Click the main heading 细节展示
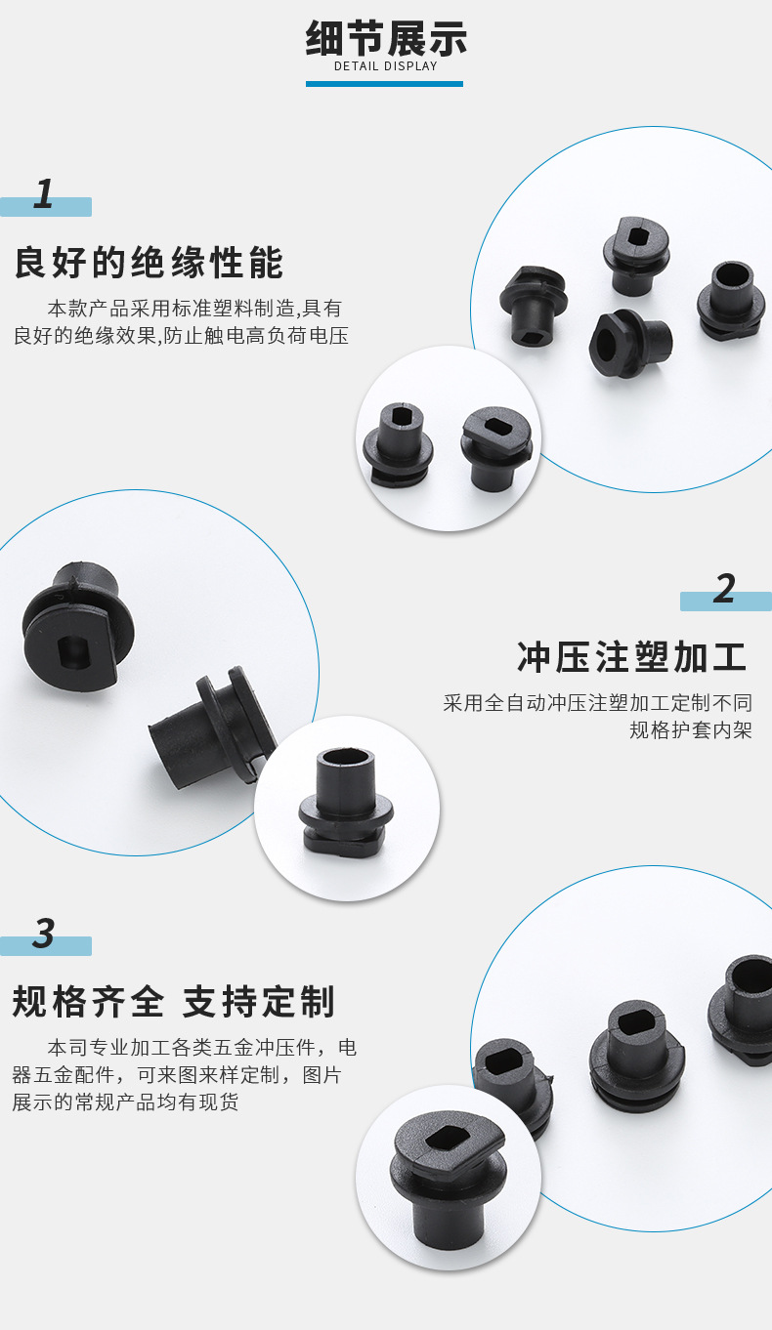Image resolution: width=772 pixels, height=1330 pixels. pos(386,39)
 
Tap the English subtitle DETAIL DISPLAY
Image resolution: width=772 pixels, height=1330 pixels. pos(386,66)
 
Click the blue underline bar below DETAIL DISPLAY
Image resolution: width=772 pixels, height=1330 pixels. pos(384,84)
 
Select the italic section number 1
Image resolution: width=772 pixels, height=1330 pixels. pos(43,193)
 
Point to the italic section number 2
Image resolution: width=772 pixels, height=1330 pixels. pos(724,589)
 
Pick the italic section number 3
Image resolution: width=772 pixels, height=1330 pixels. pos(44,933)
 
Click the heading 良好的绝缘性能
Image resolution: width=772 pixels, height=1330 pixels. pos(149,263)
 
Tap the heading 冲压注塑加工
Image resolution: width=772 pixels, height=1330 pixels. pos(631,657)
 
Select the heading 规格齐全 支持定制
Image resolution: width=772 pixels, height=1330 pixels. pos(174,1002)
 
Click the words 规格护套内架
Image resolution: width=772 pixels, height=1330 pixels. pos(691,729)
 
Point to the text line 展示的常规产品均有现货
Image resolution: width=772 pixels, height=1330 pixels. pos(125,1102)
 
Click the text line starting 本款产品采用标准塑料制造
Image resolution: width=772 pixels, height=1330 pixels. pos(194,309)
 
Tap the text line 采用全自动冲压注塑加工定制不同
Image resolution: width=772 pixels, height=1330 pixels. pos(597,702)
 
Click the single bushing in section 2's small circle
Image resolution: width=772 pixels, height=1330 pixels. pos(345,801)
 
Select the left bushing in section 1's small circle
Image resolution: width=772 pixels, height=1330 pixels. pos(398,444)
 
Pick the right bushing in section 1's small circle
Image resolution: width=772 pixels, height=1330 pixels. pos(495,447)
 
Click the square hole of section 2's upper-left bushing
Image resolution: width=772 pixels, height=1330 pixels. pos(73,651)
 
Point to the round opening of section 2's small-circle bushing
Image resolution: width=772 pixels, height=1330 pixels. pos(345,758)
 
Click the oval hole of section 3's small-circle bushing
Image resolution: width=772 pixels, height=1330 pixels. pos(442,1138)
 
